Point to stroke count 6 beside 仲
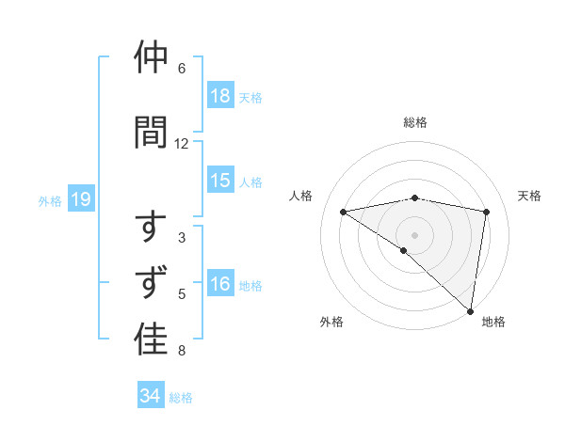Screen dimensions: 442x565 182,69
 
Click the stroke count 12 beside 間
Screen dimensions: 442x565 182,144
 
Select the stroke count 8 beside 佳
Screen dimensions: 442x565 182,352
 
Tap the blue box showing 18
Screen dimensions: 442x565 219,96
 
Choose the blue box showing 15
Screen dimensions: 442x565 219,181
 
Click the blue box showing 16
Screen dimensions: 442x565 219,284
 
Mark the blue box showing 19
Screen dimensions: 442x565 80,199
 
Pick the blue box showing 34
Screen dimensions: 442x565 150,396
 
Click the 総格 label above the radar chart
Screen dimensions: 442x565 414,122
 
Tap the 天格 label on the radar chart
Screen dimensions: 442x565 529,196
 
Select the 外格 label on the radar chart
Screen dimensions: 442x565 331,322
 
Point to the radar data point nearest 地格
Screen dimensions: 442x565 470,309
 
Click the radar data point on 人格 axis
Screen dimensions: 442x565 343,212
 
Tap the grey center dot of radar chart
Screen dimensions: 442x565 414,233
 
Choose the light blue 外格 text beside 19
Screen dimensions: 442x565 49,200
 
